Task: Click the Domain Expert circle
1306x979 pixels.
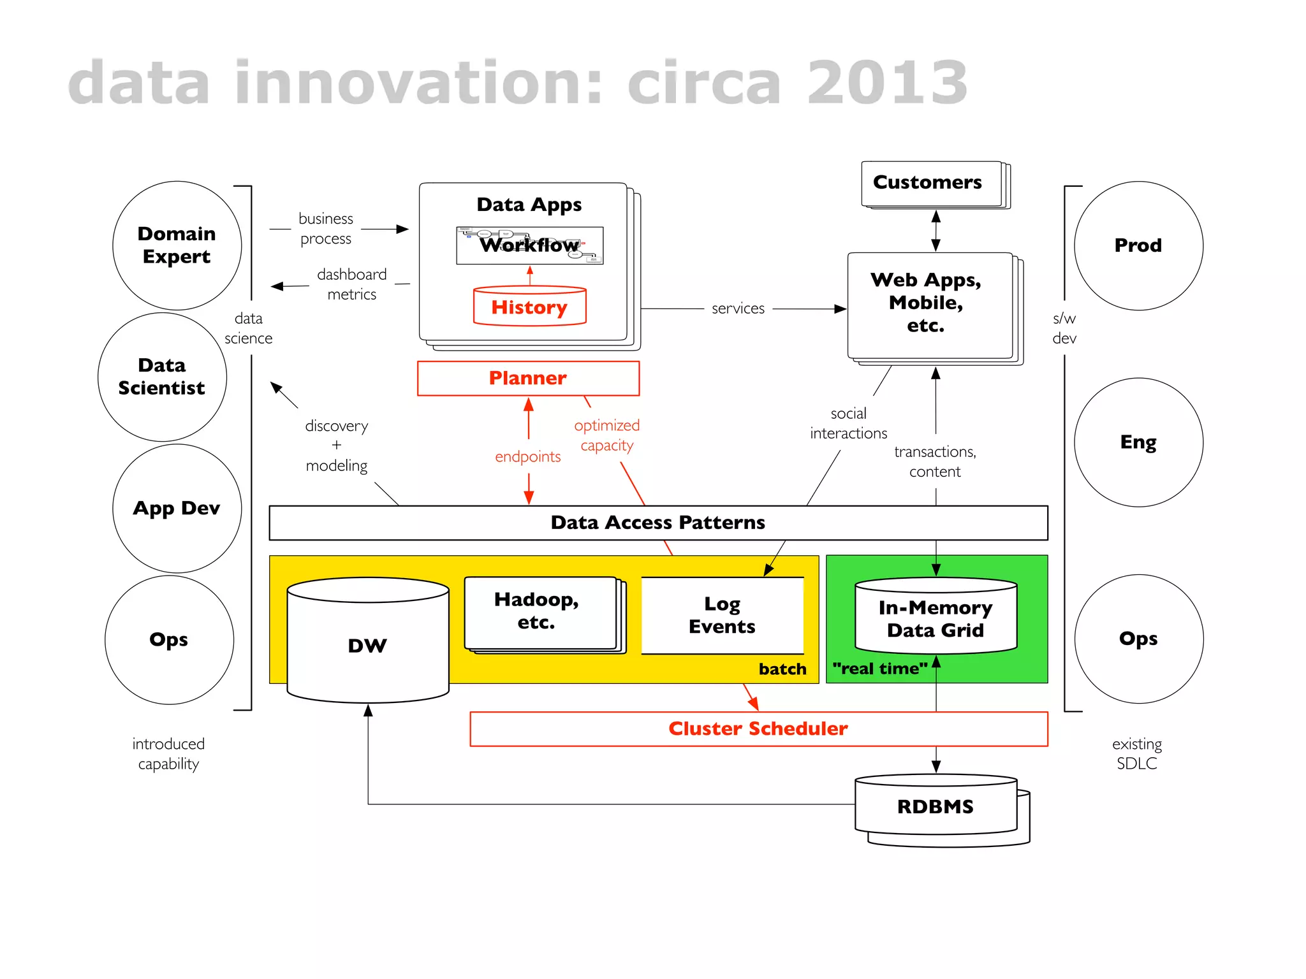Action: [177, 245]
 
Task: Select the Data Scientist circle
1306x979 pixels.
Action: [162, 377]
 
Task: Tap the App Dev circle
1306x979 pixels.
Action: [177, 508]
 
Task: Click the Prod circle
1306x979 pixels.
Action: [1138, 245]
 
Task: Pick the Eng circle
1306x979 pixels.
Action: [1138, 442]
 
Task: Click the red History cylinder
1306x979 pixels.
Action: [529, 307]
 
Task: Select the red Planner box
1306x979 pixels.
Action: [528, 378]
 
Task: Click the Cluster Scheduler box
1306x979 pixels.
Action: [758, 729]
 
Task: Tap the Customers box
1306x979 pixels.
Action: [928, 182]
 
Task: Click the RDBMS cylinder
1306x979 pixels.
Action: [935, 806]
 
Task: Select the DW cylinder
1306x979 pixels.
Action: [367, 645]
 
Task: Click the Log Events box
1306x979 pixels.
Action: [722, 615]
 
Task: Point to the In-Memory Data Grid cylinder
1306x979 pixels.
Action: [935, 618]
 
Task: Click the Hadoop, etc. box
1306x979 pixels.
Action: [536, 611]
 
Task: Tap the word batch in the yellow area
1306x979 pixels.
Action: [782, 669]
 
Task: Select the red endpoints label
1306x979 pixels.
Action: [528, 456]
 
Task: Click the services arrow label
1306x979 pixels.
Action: [738, 308]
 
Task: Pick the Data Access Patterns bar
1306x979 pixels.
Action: [658, 523]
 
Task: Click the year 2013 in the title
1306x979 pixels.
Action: [888, 83]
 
